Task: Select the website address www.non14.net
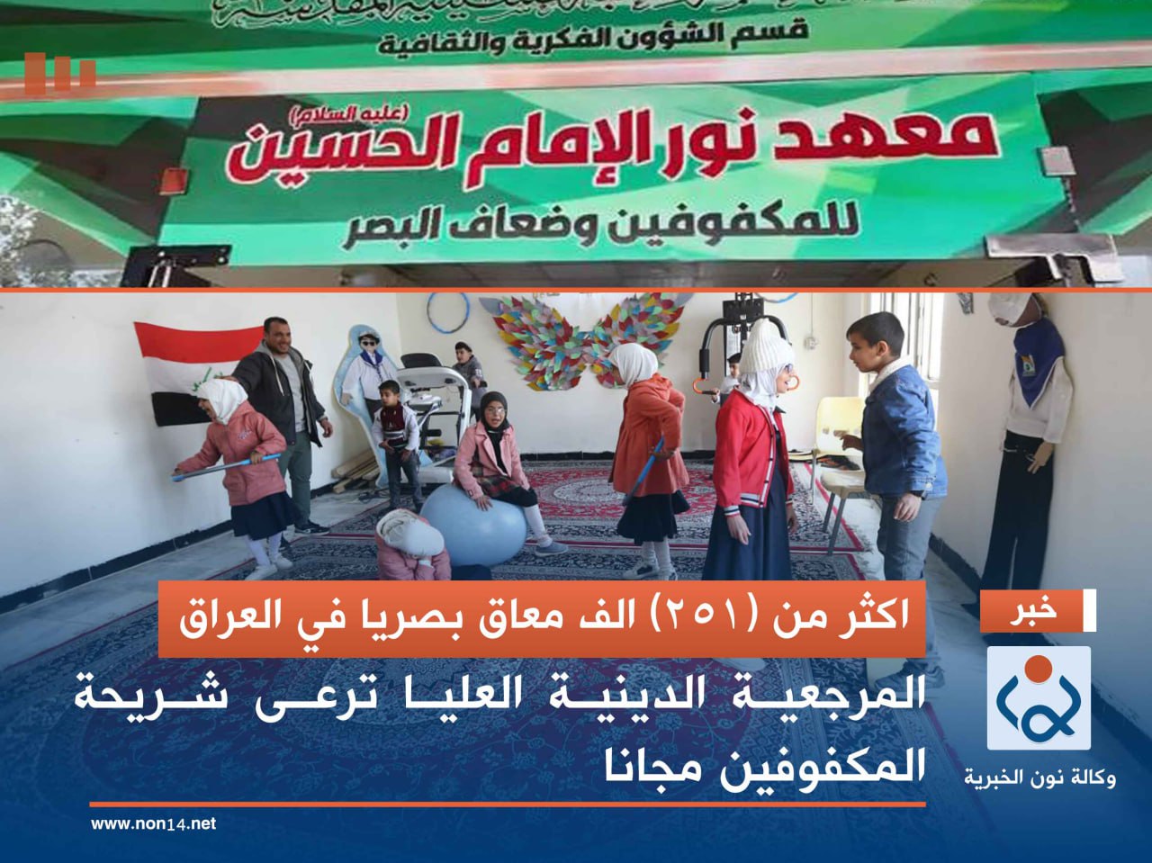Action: click(153, 823)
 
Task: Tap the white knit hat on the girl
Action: click(765, 346)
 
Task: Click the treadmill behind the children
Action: click(432, 396)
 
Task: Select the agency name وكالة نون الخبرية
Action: click(1039, 776)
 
